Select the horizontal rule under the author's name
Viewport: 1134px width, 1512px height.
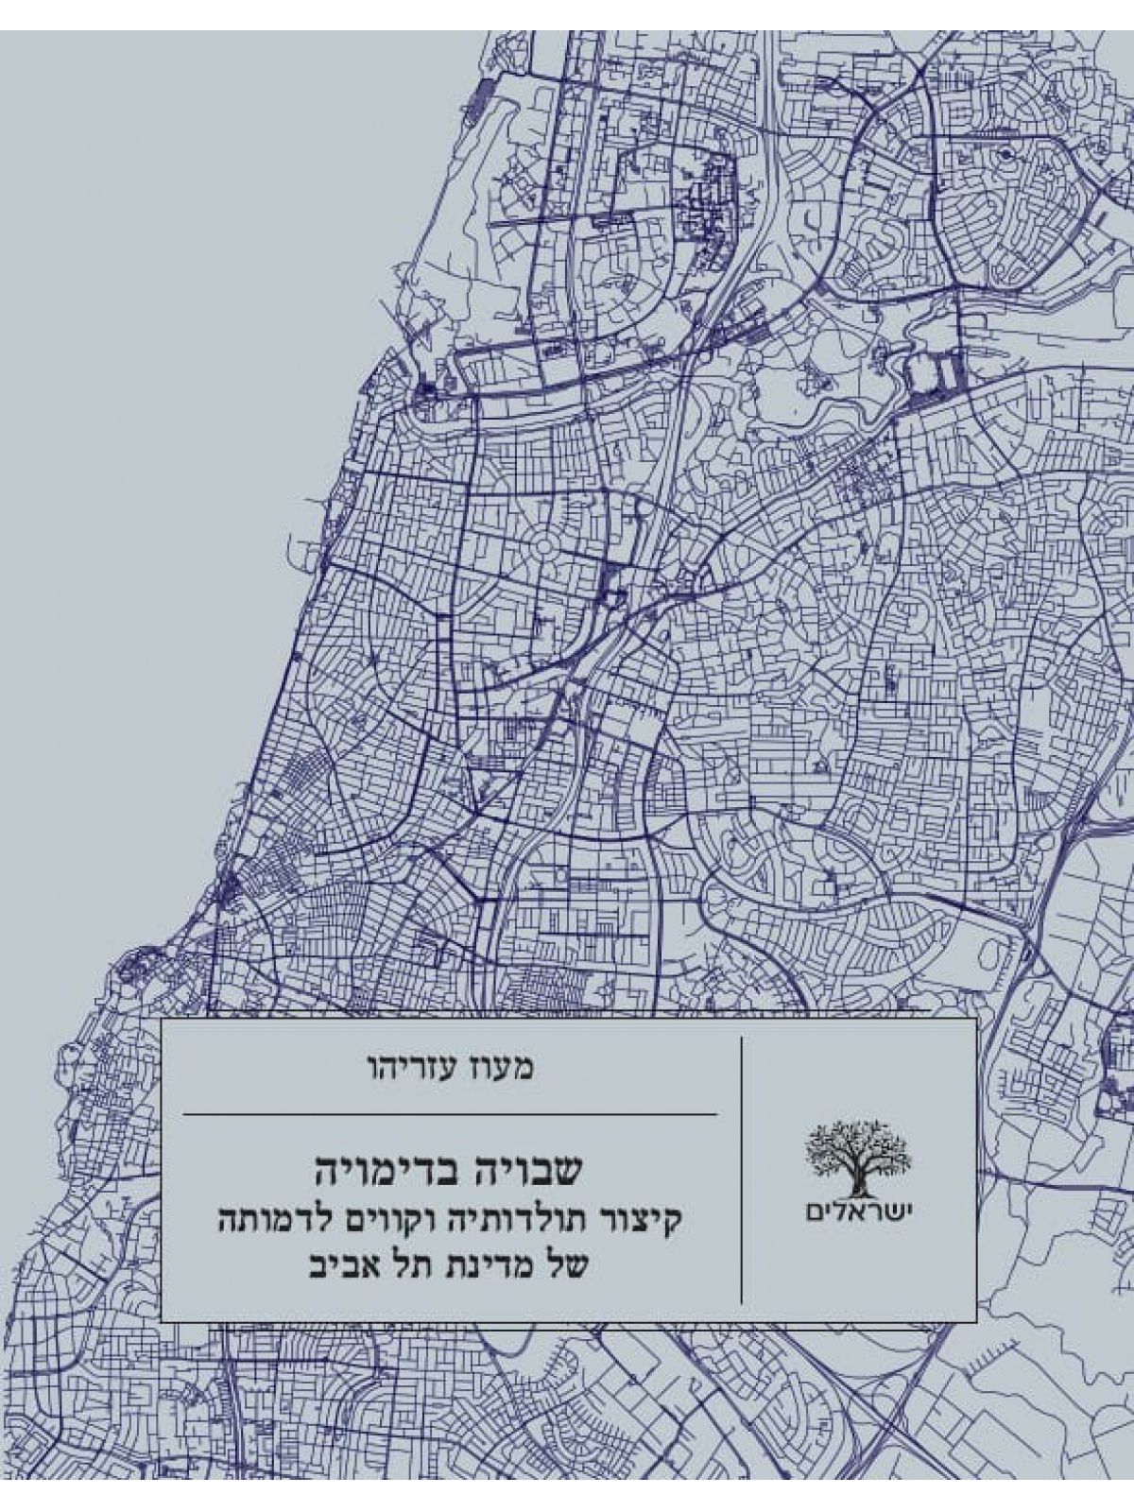coord(449,1114)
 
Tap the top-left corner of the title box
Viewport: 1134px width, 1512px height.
coord(162,1021)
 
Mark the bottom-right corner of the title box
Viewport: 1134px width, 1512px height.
coord(975,1321)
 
